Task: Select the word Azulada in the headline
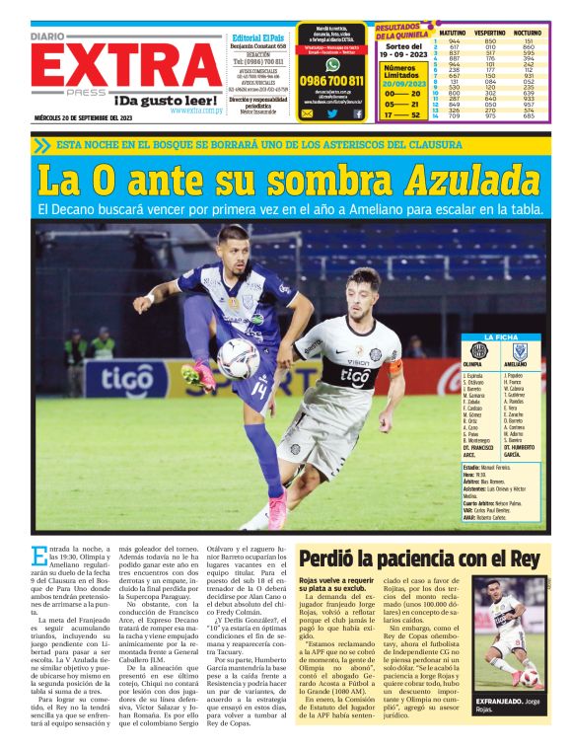click(x=468, y=181)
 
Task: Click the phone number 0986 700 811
click(x=331, y=81)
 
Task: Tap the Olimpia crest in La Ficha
click(x=478, y=350)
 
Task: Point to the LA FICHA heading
click(x=500, y=337)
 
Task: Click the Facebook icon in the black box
click(x=358, y=113)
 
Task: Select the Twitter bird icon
click(x=332, y=113)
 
